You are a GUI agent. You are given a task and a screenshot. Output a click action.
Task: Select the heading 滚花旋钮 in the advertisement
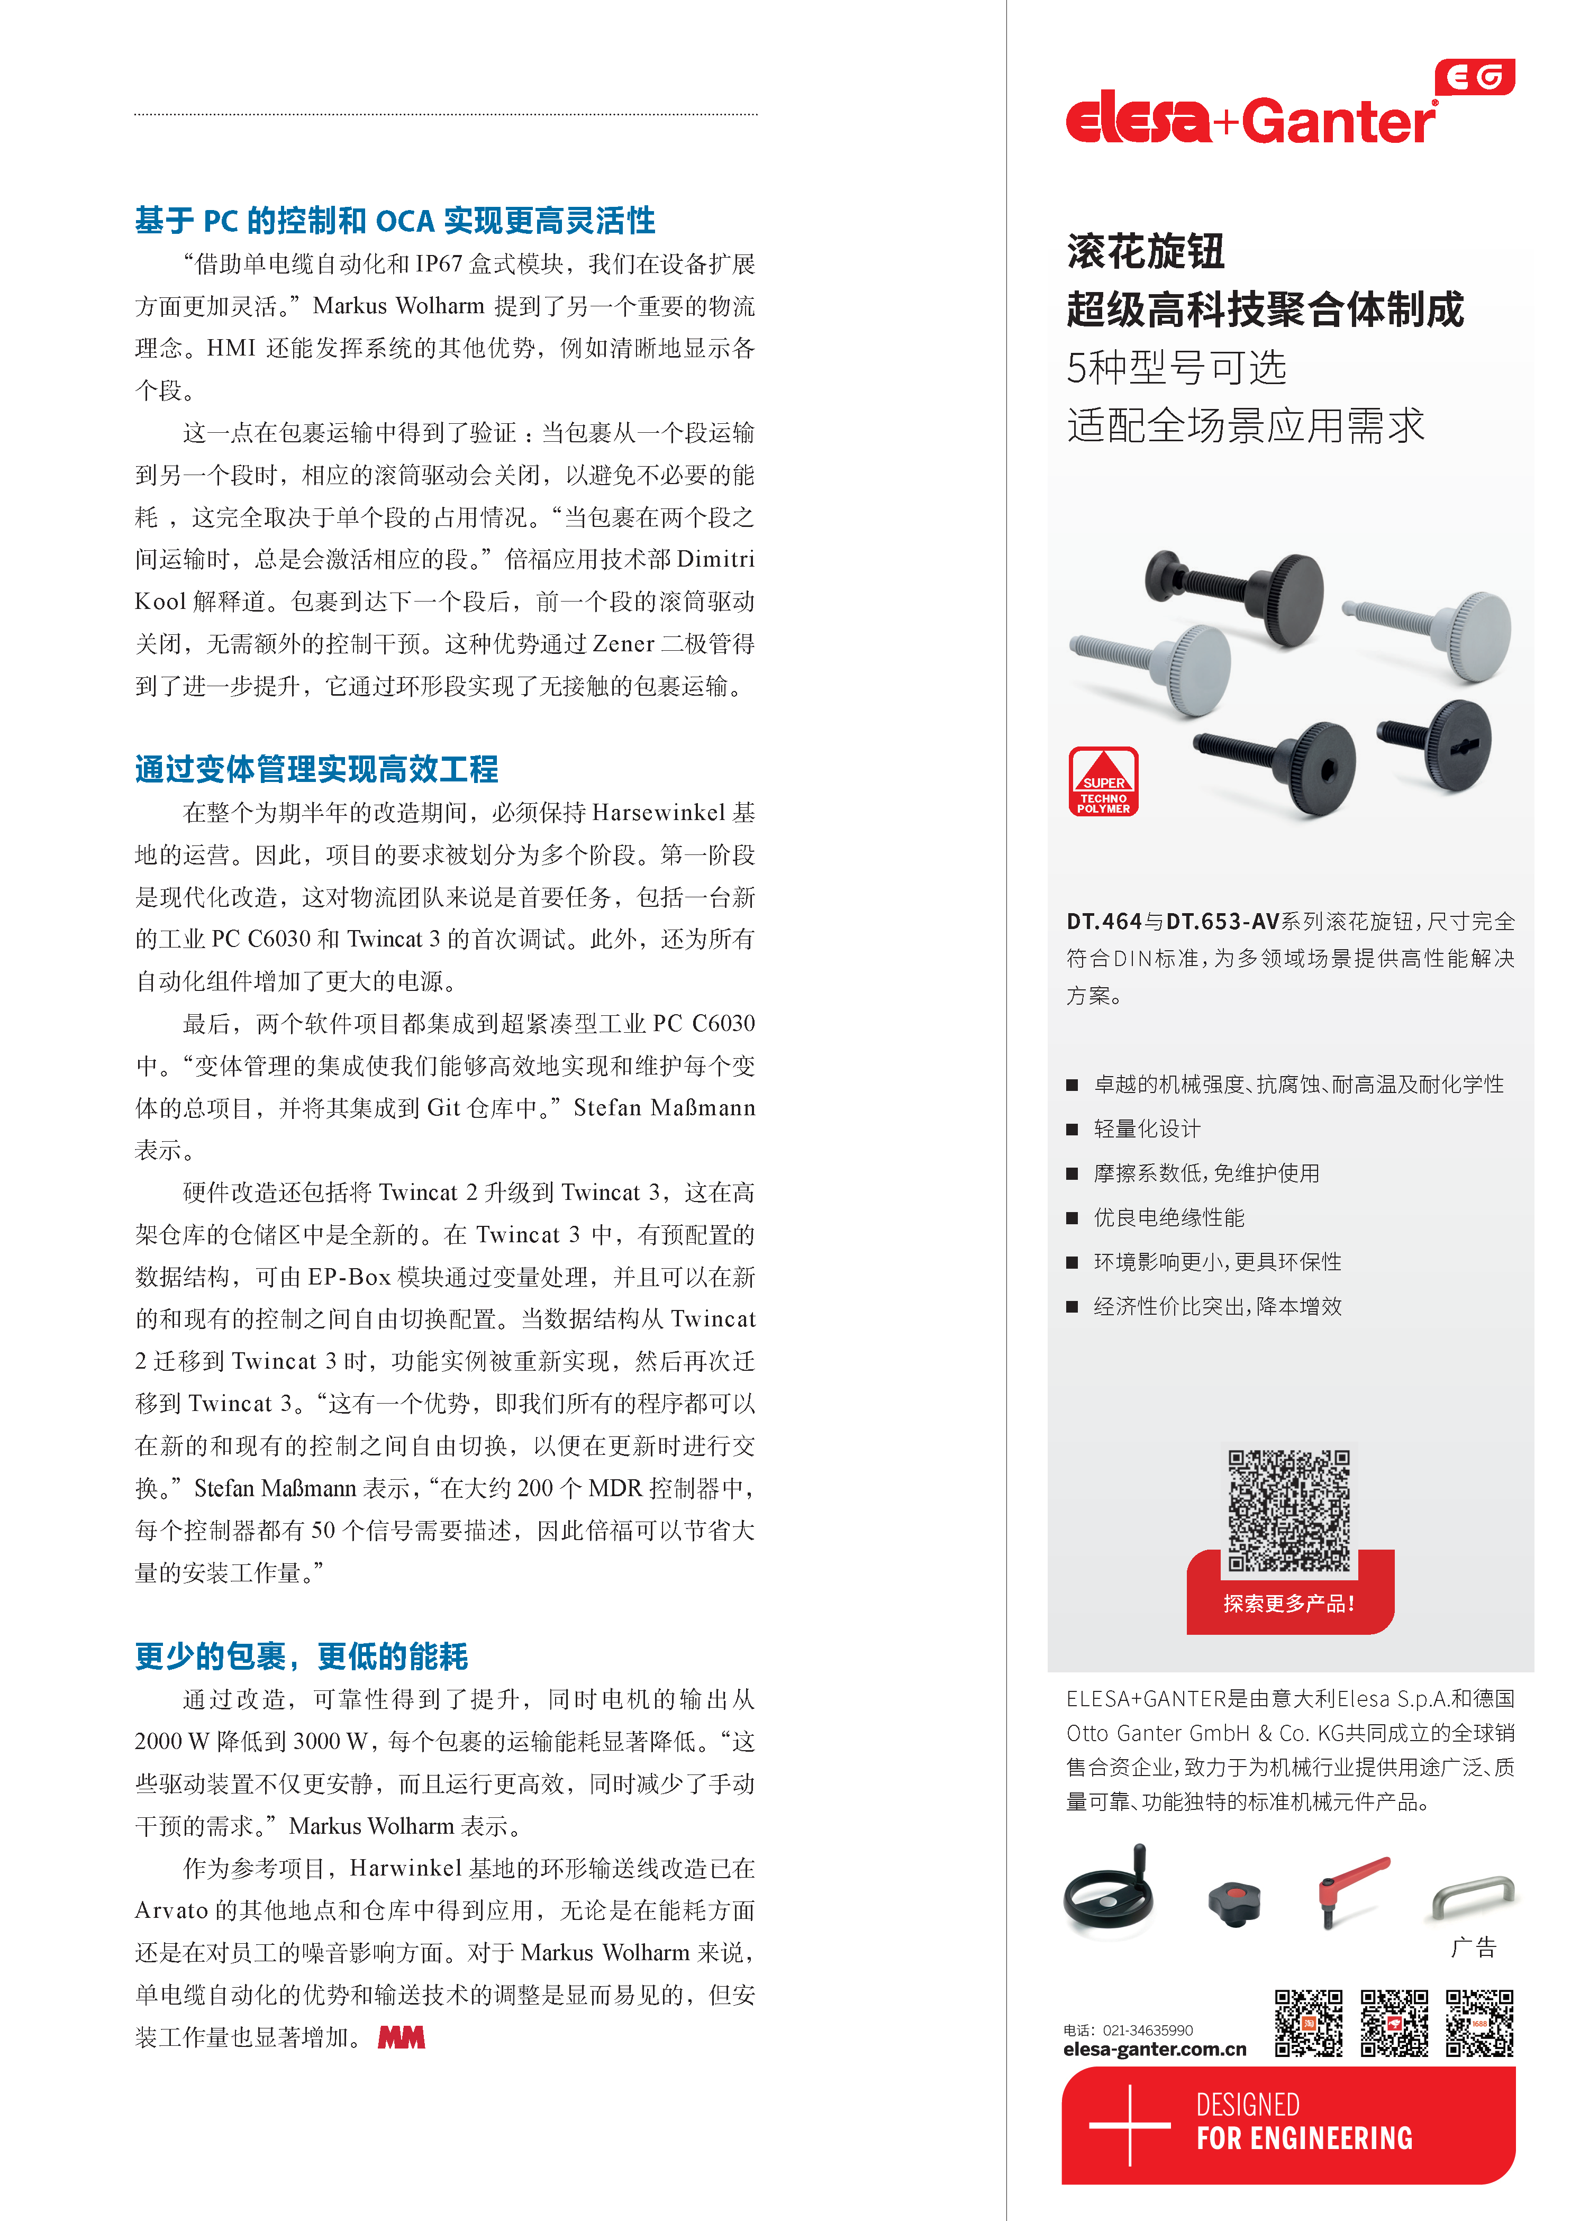(x=1146, y=251)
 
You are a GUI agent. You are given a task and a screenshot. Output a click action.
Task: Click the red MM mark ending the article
(x=402, y=2038)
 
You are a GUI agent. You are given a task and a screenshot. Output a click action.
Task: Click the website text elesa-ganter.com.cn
(x=1154, y=2050)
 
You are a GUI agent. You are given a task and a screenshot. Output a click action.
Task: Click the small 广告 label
(x=1473, y=1948)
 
